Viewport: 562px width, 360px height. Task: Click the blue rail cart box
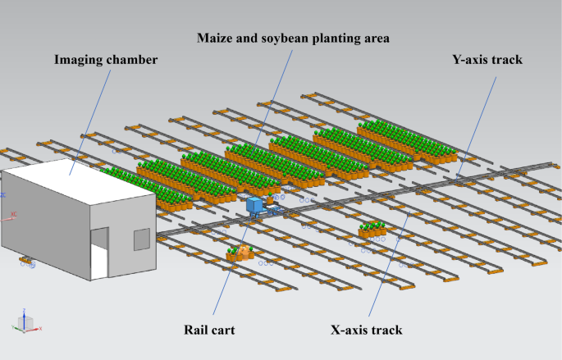pos(254,204)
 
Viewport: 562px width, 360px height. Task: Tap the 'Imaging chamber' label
pos(105,59)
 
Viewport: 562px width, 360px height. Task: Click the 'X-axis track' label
pos(366,330)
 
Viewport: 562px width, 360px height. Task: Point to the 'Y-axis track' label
pos(487,59)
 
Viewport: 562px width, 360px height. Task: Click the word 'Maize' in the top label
pos(216,38)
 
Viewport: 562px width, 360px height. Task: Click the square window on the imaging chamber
pos(141,239)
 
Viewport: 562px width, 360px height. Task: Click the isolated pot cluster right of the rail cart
pos(372,230)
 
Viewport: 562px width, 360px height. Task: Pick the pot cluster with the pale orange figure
pos(240,253)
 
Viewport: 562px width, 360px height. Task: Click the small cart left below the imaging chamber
pos(28,262)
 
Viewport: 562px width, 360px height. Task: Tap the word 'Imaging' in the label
pos(79,59)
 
